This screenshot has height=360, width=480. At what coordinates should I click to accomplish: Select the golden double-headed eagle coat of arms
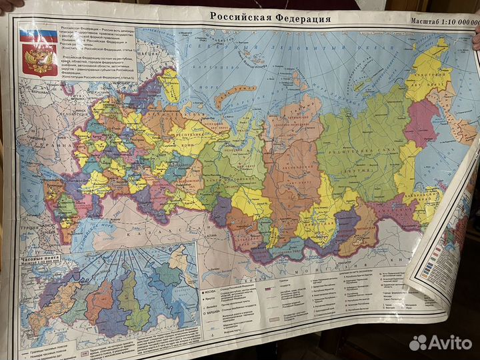(39, 60)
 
